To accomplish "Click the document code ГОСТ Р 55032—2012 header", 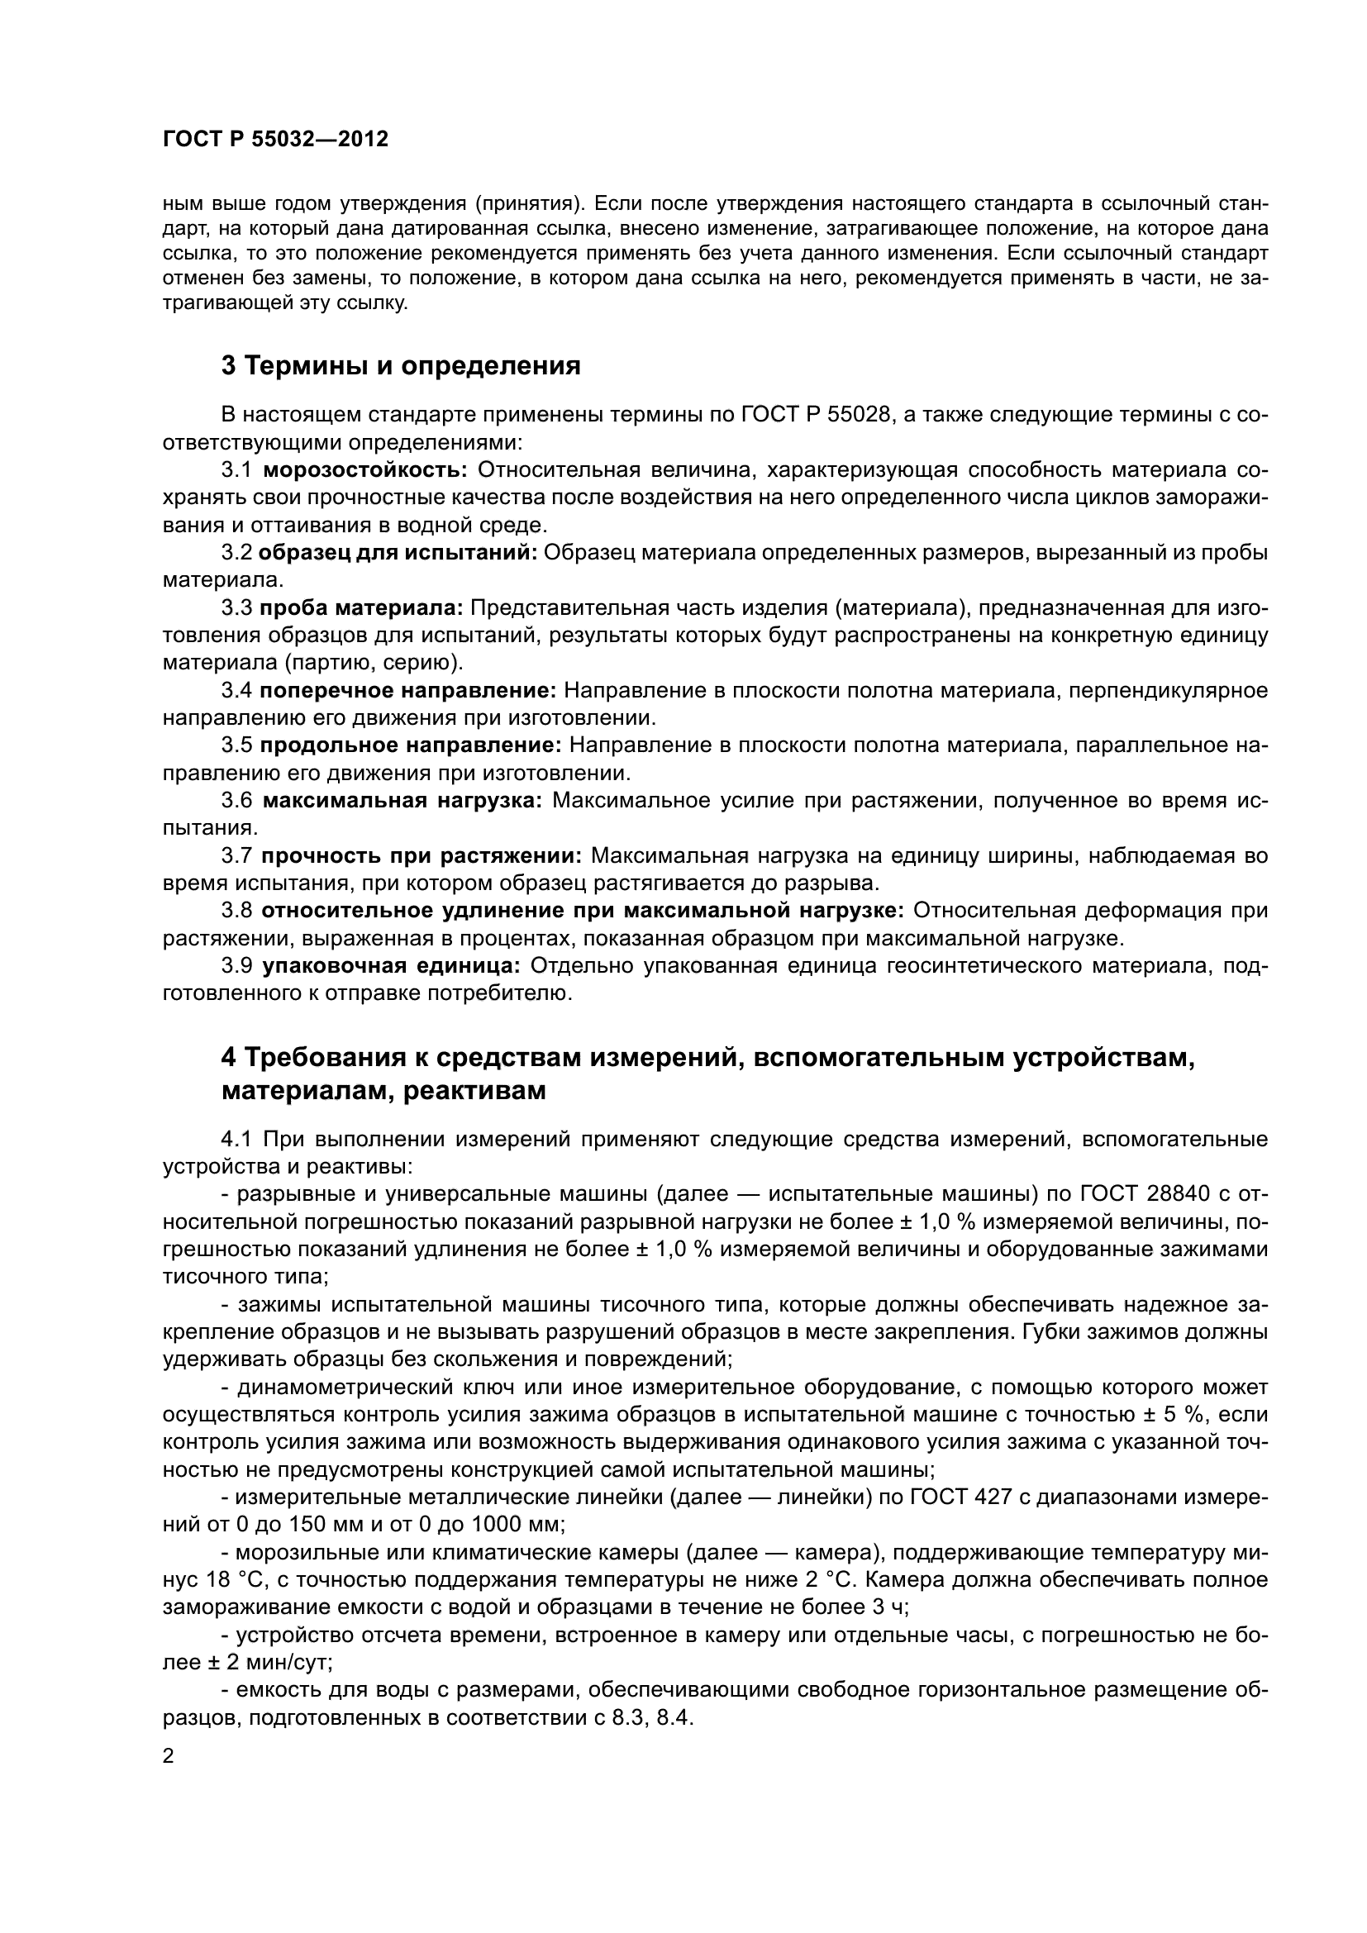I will click(x=275, y=140).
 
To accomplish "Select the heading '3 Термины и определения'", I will click(x=401, y=366).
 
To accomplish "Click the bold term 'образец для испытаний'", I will click(x=398, y=552).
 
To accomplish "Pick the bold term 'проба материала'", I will click(x=361, y=608).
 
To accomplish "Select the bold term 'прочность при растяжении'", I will click(x=421, y=856).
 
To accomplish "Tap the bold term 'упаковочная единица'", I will click(x=392, y=967).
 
